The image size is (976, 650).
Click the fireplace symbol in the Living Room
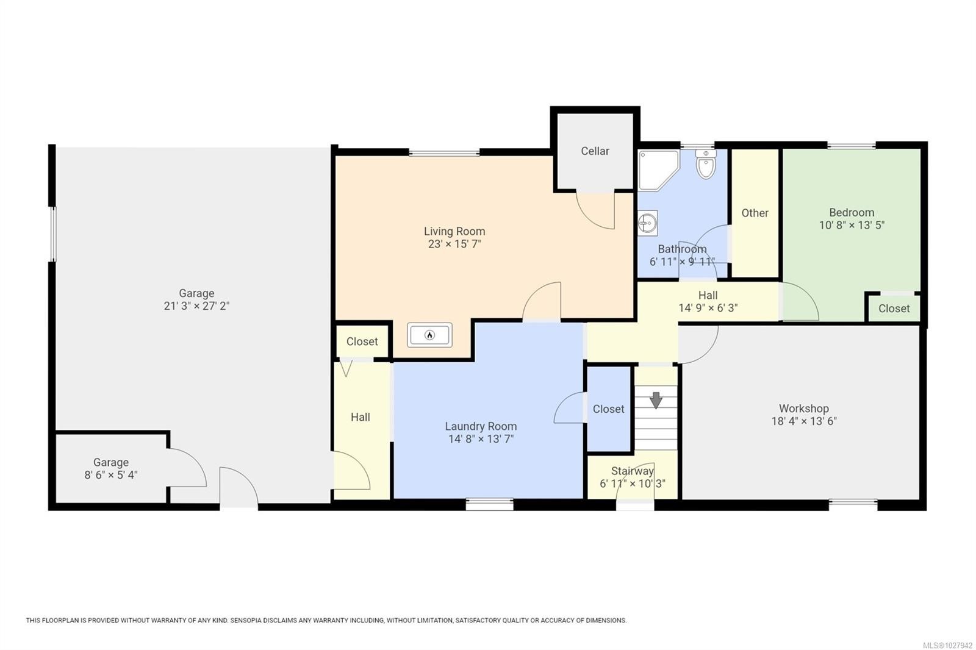[x=429, y=335]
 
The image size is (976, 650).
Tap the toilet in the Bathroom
[x=706, y=164]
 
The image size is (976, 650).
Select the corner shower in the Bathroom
[x=658, y=170]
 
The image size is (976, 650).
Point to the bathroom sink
[x=647, y=223]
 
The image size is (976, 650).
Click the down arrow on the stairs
[x=656, y=400]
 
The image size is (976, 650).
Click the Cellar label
[x=595, y=151]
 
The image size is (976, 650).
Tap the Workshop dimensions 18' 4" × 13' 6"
[x=804, y=421]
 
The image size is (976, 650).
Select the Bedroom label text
[x=852, y=213]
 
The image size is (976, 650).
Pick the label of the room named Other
[x=755, y=213]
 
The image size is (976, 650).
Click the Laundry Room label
[x=481, y=426]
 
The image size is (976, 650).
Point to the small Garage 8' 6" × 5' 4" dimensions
[x=110, y=475]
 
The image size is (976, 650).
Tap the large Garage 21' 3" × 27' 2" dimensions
[x=196, y=306]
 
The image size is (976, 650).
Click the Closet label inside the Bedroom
[x=894, y=309]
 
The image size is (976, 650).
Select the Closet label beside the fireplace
[x=362, y=341]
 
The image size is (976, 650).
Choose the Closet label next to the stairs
[x=609, y=409]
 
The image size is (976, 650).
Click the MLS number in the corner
[x=948, y=645]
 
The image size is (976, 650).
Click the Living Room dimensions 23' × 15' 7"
[x=454, y=244]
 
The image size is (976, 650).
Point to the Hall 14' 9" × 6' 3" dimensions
[x=708, y=308]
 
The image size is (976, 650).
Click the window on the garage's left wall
[x=52, y=234]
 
